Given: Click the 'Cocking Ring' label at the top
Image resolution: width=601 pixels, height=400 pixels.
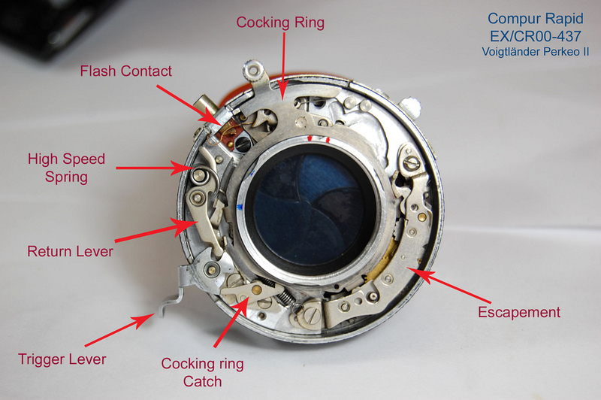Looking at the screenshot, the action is coord(280,23).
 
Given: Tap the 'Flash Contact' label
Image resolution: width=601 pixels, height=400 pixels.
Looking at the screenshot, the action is coord(125,71).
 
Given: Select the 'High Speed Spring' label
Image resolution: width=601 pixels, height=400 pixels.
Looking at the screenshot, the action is coord(66,168).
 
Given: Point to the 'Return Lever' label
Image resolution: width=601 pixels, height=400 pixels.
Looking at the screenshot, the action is coord(70,251).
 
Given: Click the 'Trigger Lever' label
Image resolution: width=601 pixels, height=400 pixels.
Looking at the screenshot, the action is coord(62,359).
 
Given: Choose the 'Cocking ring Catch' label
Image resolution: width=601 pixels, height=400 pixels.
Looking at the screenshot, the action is coord(202,372).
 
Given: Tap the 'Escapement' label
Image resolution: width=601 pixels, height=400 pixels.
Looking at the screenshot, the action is coord(519,312).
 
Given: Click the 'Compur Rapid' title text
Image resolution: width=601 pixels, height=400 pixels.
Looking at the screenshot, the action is coord(536,18).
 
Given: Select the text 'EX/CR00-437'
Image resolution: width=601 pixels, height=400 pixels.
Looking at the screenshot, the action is coord(536,36).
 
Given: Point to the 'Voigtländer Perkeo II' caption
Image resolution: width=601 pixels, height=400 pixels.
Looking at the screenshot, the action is coord(536,51).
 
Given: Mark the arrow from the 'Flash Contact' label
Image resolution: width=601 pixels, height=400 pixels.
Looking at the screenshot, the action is coord(189,105).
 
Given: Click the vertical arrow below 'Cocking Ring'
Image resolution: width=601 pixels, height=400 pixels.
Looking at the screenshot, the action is coord(284,66).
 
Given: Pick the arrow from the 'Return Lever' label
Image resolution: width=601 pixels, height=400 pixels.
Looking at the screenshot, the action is coord(156,232).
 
